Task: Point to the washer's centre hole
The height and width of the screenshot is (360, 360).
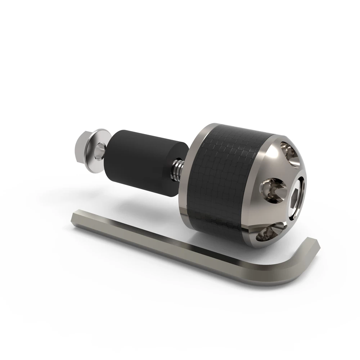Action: (99, 147)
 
